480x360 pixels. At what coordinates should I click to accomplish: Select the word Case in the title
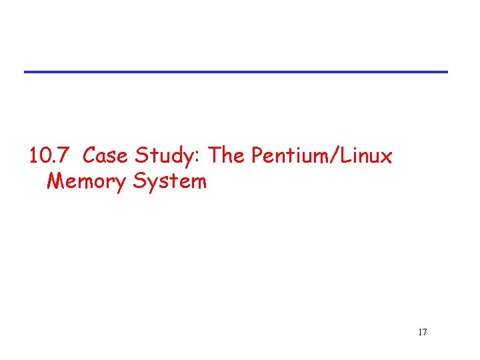(x=107, y=157)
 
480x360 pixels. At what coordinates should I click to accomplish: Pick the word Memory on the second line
(x=86, y=181)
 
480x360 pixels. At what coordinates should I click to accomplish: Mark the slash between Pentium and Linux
(x=335, y=157)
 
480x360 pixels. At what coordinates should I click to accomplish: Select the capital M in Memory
(x=55, y=181)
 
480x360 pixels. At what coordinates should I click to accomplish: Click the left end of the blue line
(x=26, y=71)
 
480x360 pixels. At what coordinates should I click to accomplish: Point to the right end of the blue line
(x=446, y=71)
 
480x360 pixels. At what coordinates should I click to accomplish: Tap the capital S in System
(x=139, y=181)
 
